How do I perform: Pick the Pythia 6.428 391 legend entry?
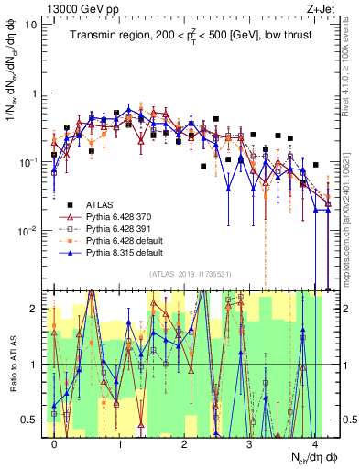tap(118, 228)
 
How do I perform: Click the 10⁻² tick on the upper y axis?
tap(29, 229)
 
